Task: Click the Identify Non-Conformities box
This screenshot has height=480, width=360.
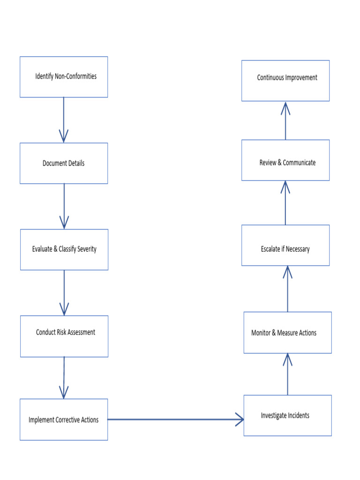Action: point(64,77)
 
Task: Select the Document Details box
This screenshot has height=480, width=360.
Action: point(64,163)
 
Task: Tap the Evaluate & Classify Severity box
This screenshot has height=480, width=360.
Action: point(64,249)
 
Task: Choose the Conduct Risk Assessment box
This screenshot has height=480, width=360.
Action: point(64,336)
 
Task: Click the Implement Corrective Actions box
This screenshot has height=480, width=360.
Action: point(64,420)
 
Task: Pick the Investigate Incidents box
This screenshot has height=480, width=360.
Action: point(287,415)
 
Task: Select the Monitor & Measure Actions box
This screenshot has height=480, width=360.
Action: point(287,333)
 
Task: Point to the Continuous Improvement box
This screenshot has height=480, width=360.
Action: point(285,81)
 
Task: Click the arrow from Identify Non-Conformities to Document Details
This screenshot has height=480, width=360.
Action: point(64,120)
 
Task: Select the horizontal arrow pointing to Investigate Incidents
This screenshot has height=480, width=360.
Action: point(176,420)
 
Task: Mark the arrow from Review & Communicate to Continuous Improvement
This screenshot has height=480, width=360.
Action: point(285,120)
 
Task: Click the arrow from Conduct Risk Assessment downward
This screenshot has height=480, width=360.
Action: point(64,377)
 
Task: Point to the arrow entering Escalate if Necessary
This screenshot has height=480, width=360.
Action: point(287,288)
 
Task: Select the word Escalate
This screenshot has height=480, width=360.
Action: point(270,249)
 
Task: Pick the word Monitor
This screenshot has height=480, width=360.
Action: point(261,333)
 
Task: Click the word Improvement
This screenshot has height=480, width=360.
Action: point(301,78)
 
